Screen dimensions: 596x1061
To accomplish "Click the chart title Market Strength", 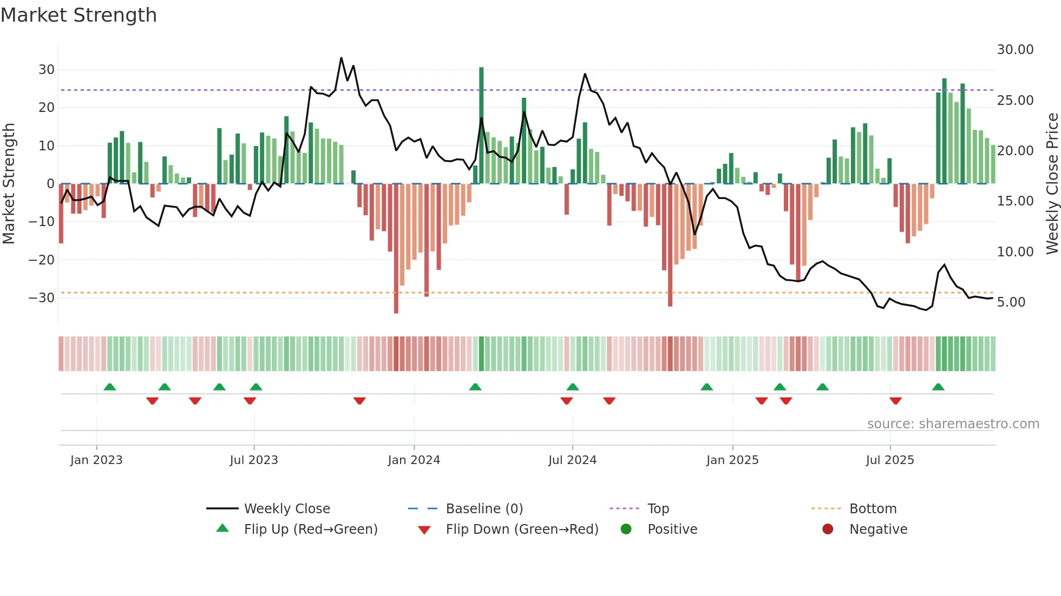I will coord(78,15).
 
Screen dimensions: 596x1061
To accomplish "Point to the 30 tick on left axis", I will coord(47,70).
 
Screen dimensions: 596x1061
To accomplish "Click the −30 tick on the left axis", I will coord(42,298).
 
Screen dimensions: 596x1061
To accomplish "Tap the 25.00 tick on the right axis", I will coord(1015,101).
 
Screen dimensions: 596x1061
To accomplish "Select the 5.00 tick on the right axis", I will coord(1011,302).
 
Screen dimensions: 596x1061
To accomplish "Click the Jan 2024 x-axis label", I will coord(414,460).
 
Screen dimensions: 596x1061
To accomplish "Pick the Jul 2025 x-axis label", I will coord(889,460).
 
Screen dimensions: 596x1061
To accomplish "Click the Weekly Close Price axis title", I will coord(1052,183).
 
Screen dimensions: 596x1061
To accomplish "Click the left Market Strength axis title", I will coord(9,183).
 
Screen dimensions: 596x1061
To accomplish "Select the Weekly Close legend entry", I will coord(286,509).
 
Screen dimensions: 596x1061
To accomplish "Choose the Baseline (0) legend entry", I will coord(484,509).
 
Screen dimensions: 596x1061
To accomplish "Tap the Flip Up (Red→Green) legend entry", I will coord(310,529).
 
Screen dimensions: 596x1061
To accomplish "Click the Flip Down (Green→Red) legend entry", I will coord(522,529).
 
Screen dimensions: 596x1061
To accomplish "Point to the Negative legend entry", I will coord(877,529).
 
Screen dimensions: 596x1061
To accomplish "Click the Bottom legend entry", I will coord(873,509).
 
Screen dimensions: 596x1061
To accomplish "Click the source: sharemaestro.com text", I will coord(953,424).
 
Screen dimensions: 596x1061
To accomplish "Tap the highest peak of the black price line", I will coord(341,58).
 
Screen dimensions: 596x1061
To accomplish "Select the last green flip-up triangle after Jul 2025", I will coord(938,387).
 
